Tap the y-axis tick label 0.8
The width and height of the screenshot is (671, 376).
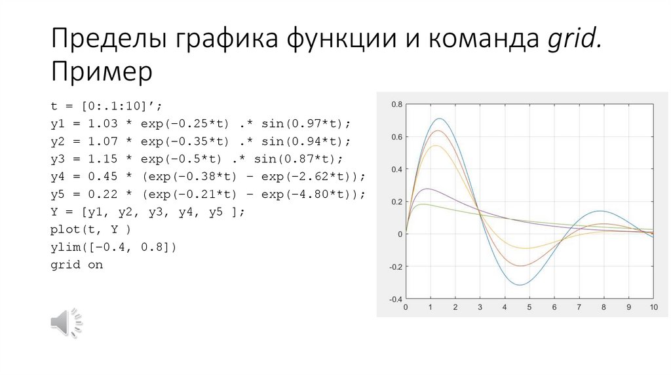point(396,105)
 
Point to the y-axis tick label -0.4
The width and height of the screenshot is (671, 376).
point(395,299)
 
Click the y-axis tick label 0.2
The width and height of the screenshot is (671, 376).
point(396,202)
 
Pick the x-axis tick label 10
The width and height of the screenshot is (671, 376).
point(653,307)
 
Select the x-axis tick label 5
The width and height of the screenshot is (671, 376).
point(529,307)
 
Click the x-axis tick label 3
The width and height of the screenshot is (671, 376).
point(480,307)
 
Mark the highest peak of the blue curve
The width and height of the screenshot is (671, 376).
point(439,119)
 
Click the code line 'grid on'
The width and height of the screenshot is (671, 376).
point(77,265)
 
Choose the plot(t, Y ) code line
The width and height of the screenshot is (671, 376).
point(91,230)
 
